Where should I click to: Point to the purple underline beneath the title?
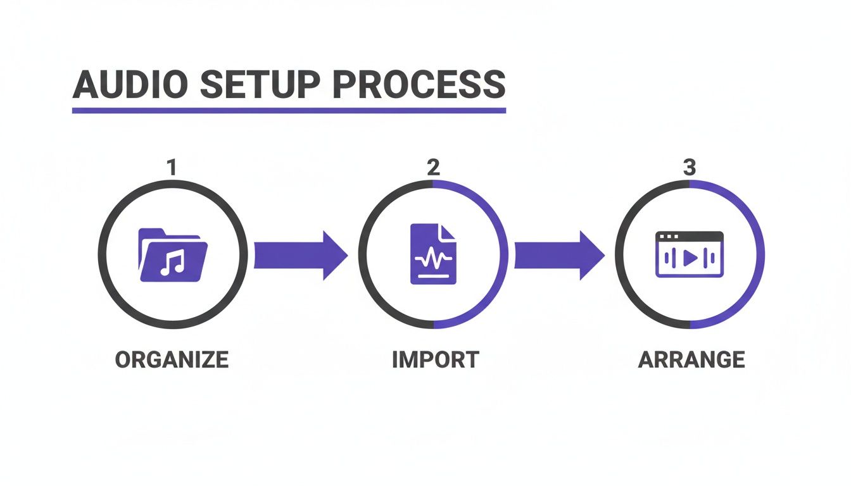289,110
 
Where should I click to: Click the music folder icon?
172,254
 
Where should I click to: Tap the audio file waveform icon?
433,254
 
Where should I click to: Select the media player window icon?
690,254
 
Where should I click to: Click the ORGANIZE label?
172,359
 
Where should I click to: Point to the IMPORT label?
435,359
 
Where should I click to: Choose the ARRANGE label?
691,359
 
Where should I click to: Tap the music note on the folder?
172,262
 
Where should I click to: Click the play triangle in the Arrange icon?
691,258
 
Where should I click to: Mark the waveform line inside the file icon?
433,259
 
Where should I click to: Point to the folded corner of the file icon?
449,231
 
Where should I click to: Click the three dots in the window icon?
669,236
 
